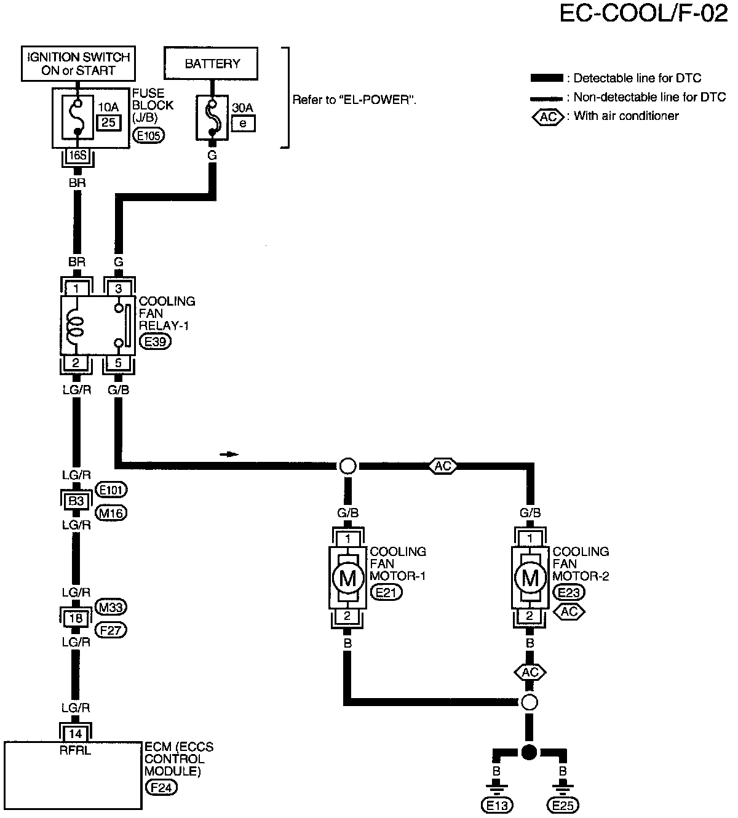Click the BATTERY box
click(211, 63)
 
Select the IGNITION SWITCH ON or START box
click(78, 63)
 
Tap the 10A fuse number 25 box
click(109, 122)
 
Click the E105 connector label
click(149, 135)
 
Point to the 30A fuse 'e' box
click(243, 124)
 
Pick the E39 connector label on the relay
click(156, 341)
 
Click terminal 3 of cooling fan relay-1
click(118, 288)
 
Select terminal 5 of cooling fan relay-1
click(118, 362)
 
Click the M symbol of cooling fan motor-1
click(348, 578)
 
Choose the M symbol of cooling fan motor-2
click(530, 578)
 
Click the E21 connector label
click(386, 592)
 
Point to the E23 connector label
click(569, 592)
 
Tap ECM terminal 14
click(76, 734)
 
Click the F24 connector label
click(162, 787)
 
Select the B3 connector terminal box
click(76, 501)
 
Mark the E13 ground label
click(497, 805)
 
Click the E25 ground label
click(563, 805)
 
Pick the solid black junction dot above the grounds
click(530, 752)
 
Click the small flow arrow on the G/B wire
click(229, 455)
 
